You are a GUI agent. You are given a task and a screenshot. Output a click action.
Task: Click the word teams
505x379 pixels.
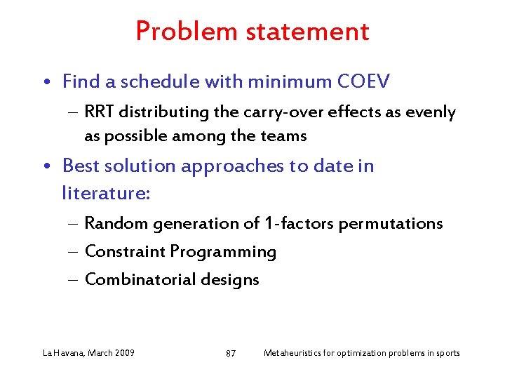click(x=284, y=136)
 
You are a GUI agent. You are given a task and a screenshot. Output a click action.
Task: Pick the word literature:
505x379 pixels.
click(x=106, y=192)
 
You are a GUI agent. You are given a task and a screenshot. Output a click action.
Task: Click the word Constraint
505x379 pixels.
click(x=125, y=252)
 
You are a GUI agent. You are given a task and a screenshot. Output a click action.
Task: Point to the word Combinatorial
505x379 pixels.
click(x=140, y=280)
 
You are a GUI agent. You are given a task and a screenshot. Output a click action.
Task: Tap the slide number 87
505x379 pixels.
click(x=231, y=353)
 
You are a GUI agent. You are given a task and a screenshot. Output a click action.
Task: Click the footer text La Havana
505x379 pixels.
click(x=63, y=352)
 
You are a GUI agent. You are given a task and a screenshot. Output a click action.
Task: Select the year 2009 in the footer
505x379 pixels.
click(x=123, y=352)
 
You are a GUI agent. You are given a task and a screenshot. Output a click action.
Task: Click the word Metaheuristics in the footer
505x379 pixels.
click(x=290, y=352)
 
